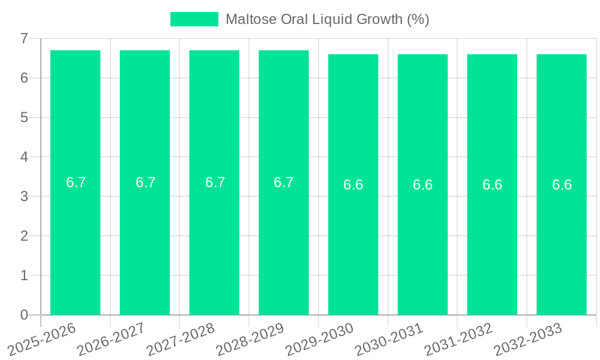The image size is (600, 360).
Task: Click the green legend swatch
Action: [194, 19]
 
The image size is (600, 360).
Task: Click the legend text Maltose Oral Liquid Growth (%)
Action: [327, 19]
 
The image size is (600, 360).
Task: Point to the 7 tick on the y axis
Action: [24, 38]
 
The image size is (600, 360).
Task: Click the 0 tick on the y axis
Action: [24, 315]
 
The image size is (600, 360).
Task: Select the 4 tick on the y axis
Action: [24, 157]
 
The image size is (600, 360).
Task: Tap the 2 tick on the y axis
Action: [24, 236]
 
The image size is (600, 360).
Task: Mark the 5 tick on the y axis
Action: [24, 118]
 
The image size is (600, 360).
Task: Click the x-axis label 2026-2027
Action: [111, 338]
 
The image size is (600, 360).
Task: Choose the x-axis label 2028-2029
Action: [250, 338]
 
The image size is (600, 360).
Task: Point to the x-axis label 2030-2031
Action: [389, 338]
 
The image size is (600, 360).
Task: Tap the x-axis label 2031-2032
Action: [458, 338]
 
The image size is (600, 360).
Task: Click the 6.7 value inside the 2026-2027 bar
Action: [145, 182]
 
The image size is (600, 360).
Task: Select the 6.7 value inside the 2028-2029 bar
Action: [283, 182]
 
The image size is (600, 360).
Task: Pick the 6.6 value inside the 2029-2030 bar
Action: [353, 185]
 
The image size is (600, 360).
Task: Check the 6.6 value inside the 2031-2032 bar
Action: [492, 185]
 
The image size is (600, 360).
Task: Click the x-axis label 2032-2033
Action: [528, 338]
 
